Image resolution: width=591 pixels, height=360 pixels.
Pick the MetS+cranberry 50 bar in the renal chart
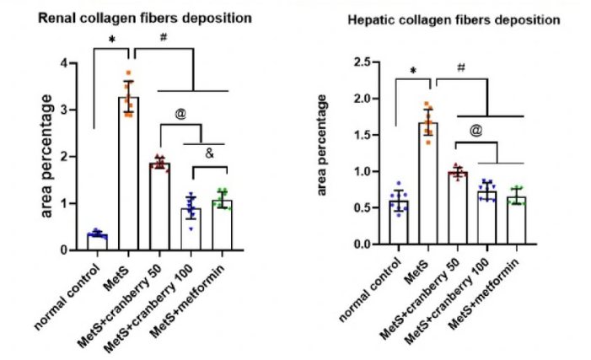click(159, 207)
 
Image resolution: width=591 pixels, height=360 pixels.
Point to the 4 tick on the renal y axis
click(74, 63)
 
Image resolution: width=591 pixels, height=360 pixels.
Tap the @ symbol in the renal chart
click(180, 110)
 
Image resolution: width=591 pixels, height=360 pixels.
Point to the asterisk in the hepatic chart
click(413, 72)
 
